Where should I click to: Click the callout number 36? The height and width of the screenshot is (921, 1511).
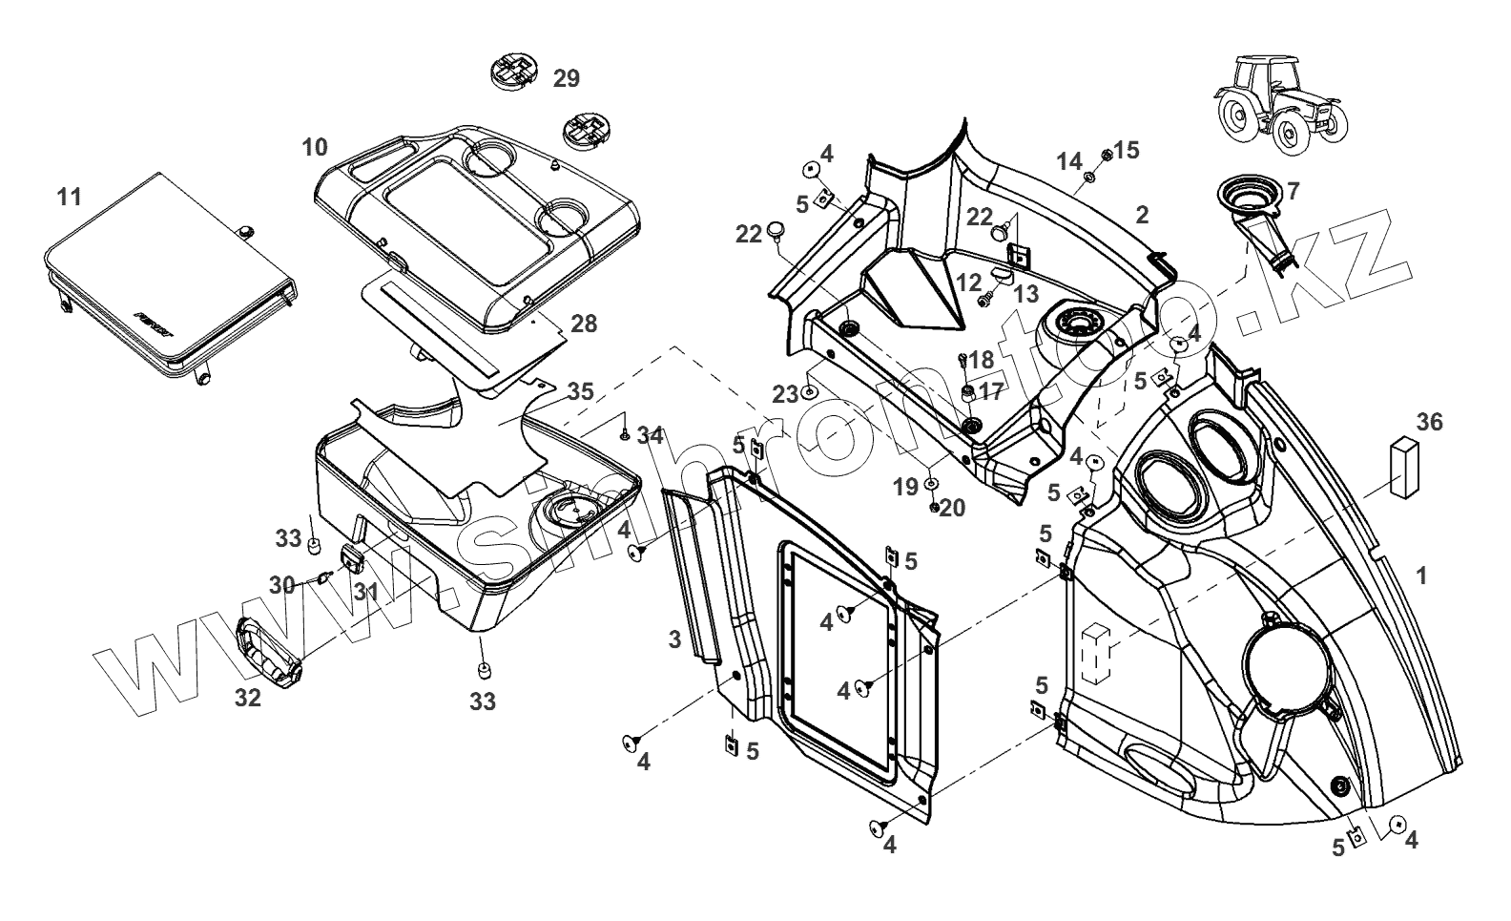tap(1429, 423)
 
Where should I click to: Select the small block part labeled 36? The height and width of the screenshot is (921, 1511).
tap(1404, 467)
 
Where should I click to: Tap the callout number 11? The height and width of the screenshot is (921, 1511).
tap(69, 197)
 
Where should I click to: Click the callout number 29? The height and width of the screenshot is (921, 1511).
tap(567, 79)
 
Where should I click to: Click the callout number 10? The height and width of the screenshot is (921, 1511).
tap(315, 147)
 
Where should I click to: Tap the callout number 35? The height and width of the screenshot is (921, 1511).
tap(580, 391)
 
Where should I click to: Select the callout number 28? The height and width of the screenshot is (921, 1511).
tap(584, 324)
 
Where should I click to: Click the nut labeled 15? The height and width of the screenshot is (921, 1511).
tap(1107, 156)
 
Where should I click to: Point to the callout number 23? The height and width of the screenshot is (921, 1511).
tap(785, 394)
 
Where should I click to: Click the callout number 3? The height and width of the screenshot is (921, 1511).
tap(675, 638)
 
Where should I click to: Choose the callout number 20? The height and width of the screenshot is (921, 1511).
tap(952, 508)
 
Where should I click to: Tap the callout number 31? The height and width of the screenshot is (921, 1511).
tap(366, 592)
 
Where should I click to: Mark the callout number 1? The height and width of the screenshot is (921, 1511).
tap(1421, 576)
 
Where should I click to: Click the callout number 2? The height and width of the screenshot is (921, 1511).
tap(1142, 215)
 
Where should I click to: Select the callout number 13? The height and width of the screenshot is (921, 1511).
tap(1026, 294)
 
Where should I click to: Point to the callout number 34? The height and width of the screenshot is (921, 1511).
tap(651, 436)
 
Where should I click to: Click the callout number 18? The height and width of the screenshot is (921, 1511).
tap(981, 360)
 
